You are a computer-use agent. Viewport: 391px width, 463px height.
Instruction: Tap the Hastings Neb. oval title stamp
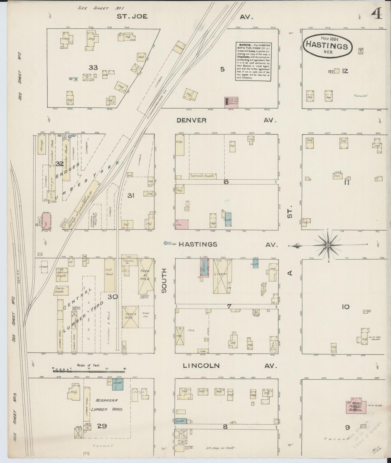(328, 45)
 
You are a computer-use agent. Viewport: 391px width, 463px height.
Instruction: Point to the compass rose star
(328, 245)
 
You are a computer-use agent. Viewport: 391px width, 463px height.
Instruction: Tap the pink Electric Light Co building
(231, 103)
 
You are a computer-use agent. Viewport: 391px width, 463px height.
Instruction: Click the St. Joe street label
(132, 16)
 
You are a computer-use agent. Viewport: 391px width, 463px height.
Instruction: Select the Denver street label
(192, 120)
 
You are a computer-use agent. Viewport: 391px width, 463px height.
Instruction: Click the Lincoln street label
(201, 366)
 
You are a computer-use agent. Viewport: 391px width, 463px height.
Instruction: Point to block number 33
(93, 68)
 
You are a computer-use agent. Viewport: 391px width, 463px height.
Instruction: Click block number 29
(102, 426)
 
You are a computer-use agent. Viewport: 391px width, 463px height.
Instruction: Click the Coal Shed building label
(110, 271)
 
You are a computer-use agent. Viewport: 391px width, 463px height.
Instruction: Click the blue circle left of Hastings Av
(165, 243)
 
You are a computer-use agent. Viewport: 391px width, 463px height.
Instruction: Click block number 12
(345, 71)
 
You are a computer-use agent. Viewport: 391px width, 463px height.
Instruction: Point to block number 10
(346, 307)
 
